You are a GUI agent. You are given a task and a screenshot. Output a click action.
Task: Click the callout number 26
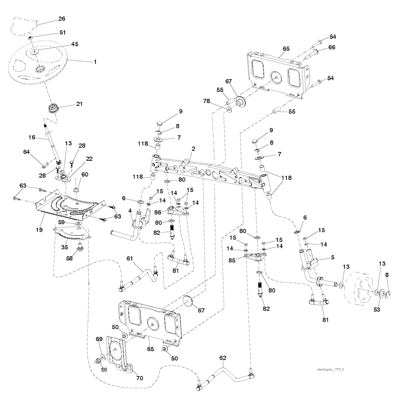tap(62, 19)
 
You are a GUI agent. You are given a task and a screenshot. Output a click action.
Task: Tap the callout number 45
tap(75, 44)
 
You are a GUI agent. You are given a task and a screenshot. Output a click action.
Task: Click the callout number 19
tap(39, 229)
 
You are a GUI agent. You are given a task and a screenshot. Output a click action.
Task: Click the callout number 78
tap(206, 101)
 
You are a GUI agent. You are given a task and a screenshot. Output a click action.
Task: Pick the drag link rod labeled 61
tap(139, 278)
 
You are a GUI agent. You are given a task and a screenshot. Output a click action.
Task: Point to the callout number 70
tap(139, 378)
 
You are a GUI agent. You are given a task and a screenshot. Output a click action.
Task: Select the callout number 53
tap(377, 310)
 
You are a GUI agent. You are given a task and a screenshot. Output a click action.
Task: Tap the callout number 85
tap(232, 260)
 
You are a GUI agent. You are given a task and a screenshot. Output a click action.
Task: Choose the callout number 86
tap(157, 212)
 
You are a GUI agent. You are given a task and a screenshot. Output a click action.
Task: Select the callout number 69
tap(99, 339)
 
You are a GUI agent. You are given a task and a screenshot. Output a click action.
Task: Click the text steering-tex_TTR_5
tap(330, 370)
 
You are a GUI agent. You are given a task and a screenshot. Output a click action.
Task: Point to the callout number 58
tap(69, 258)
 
